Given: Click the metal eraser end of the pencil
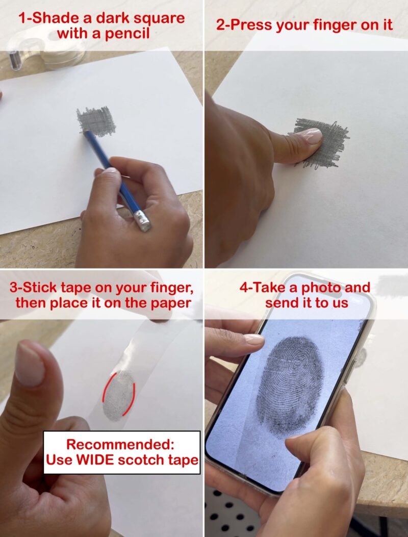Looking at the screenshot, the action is (x=142, y=220).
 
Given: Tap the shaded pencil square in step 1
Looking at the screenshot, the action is (x=96, y=121).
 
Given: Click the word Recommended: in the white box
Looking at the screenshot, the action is (x=120, y=444).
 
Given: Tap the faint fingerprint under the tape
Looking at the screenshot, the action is (x=118, y=396).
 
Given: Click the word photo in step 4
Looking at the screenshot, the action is (x=321, y=288).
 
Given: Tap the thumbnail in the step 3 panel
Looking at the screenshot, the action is (x=30, y=364).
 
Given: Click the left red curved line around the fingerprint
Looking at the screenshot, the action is (x=107, y=389).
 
